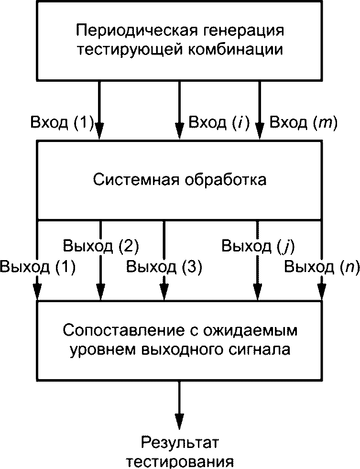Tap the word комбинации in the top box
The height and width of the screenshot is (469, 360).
pos(236,49)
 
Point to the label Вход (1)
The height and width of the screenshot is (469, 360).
pos(62,123)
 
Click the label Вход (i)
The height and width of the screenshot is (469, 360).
pos(219,123)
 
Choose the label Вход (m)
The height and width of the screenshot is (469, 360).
pos(304,123)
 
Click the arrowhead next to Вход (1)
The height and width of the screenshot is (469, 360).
pos(99,131)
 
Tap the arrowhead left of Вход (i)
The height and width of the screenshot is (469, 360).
pos(179,131)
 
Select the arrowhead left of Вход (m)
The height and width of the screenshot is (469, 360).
pos(260,131)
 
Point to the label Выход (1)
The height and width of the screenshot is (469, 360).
pos(38,266)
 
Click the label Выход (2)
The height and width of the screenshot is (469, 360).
pos(101,246)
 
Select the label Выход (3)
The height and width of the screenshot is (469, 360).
pos(164,266)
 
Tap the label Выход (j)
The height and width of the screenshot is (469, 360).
pos(258,246)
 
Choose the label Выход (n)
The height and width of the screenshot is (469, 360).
pos(322,266)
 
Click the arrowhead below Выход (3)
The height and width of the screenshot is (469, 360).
pos(164,292)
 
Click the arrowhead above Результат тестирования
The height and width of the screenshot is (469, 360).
pos(179,422)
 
